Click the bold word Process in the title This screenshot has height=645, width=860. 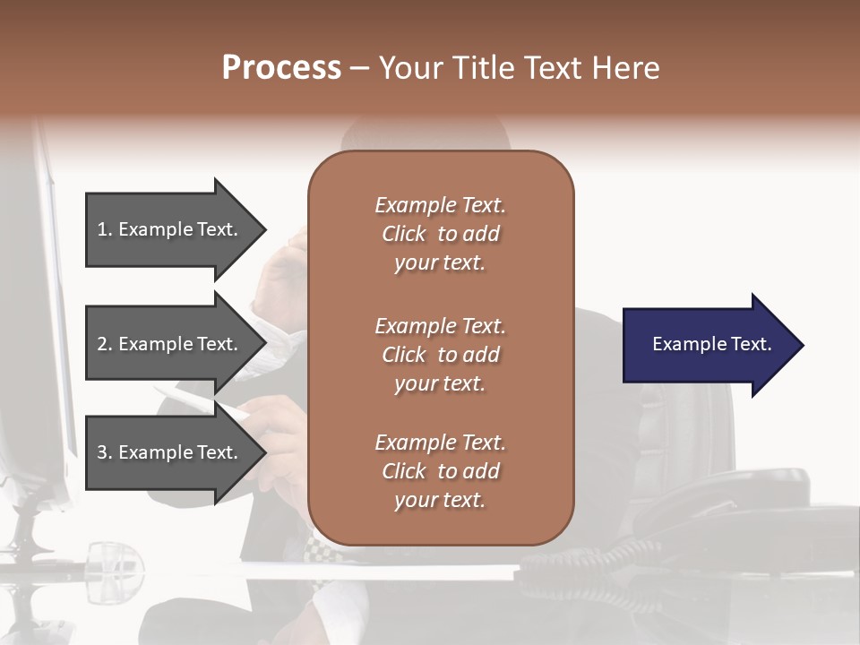pyautogui.click(x=281, y=68)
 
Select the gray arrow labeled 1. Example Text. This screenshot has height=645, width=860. pyautogui.click(x=170, y=229)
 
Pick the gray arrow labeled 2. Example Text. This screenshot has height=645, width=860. pyautogui.click(x=170, y=344)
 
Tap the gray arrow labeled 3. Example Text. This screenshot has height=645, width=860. pyautogui.click(x=170, y=452)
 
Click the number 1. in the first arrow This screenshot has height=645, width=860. pyautogui.click(x=106, y=229)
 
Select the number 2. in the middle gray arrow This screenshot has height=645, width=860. pyautogui.click(x=106, y=344)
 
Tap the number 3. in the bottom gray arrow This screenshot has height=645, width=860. pyautogui.click(x=106, y=452)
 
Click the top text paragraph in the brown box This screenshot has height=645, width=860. pyautogui.click(x=440, y=234)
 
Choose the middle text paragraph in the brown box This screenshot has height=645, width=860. pyautogui.click(x=440, y=355)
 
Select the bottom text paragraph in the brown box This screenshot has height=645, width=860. pyautogui.click(x=440, y=471)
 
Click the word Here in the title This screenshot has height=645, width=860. pyautogui.click(x=626, y=68)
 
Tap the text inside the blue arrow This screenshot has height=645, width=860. pyautogui.click(x=711, y=344)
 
